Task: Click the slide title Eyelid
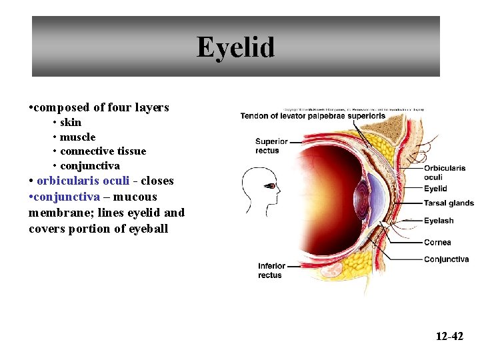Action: coord(235,48)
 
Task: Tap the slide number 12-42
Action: coord(449,336)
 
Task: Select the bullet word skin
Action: coord(71,122)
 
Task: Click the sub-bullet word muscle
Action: coord(77,137)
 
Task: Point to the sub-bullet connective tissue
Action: coord(103,151)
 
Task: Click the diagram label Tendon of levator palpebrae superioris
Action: coord(313,116)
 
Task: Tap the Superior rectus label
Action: coord(271,145)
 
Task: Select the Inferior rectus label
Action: coord(271,271)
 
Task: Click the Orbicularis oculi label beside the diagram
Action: coord(444,173)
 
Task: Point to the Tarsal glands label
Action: coord(449,203)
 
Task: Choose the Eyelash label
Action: coord(439,221)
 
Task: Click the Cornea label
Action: coord(437,242)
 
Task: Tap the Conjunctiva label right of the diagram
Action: coord(446,259)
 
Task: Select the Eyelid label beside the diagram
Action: coord(435,189)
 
